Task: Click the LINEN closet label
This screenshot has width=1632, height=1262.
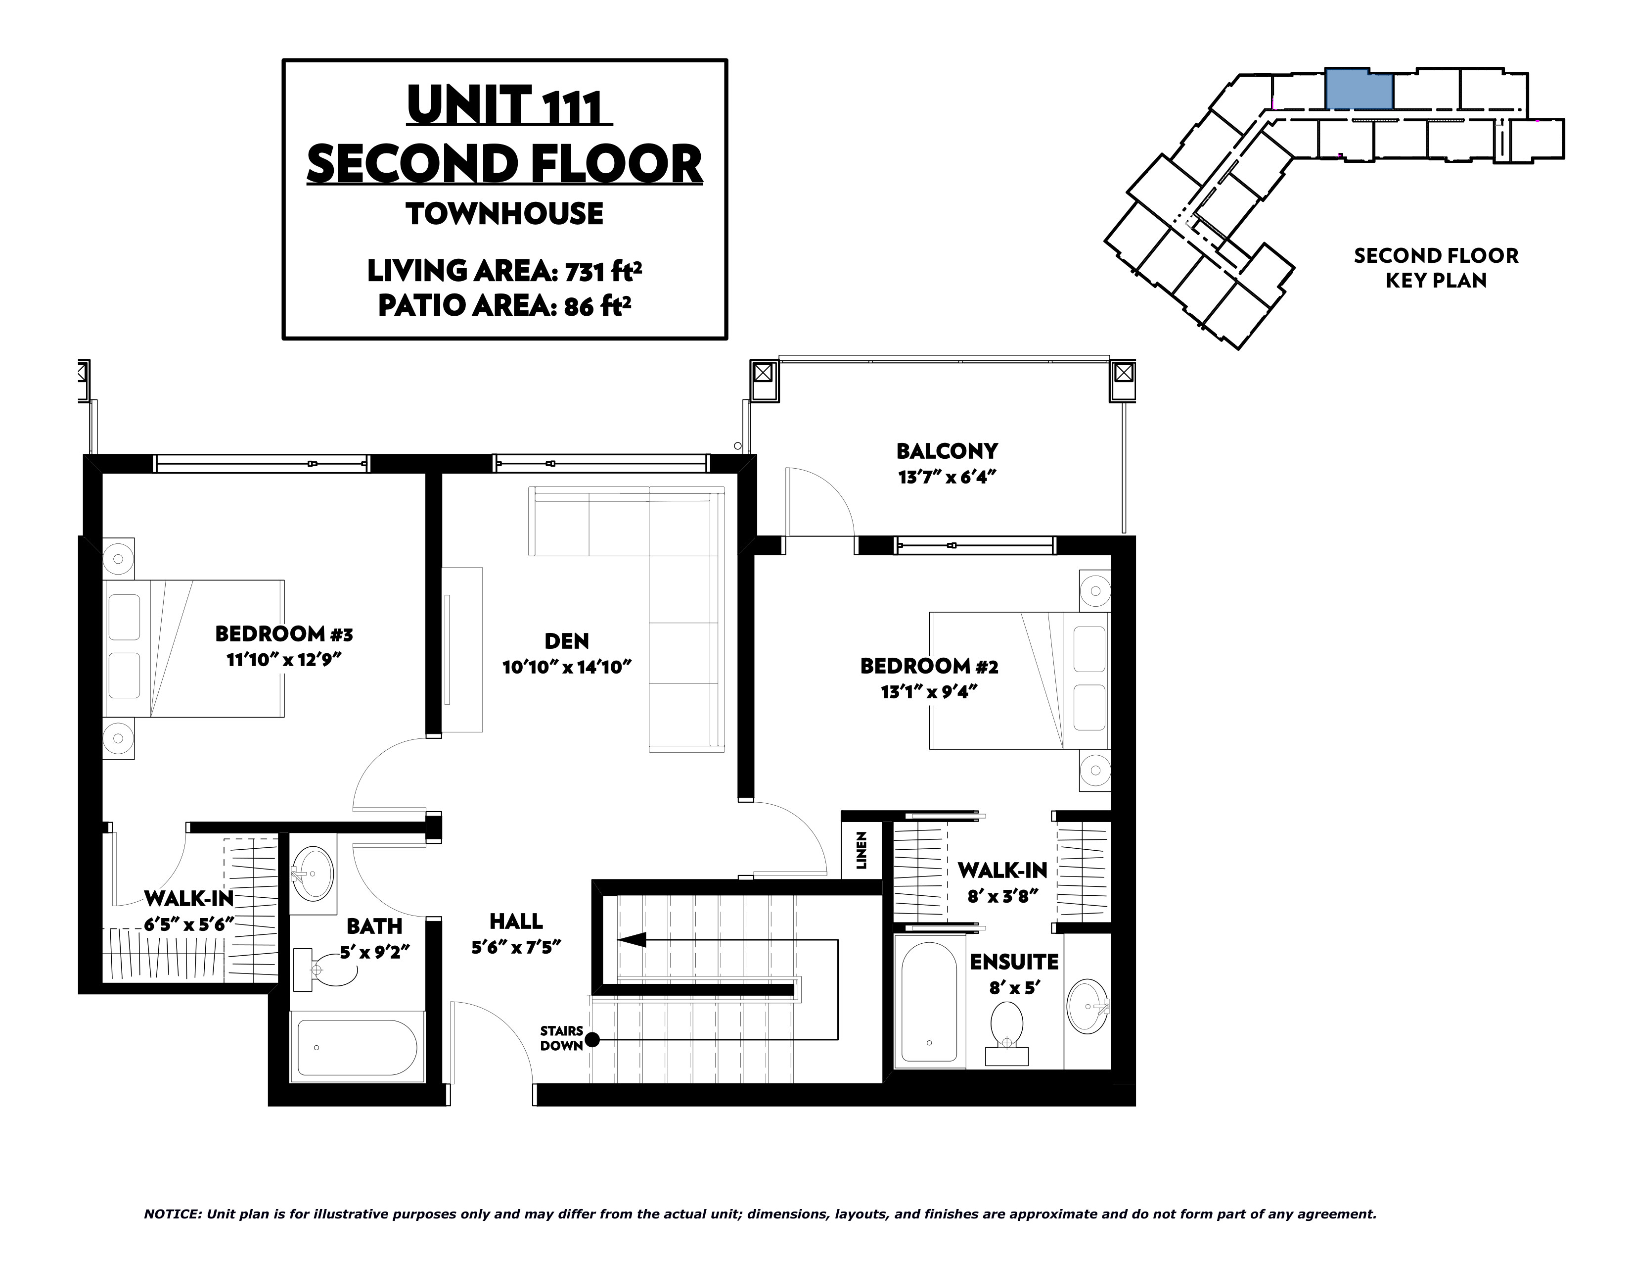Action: (861, 850)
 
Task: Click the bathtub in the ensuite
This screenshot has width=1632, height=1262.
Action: (929, 1002)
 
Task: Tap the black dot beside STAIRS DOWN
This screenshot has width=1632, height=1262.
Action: (592, 1039)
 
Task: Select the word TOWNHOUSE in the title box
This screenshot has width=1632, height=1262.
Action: (504, 214)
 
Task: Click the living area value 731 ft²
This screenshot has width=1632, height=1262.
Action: (603, 271)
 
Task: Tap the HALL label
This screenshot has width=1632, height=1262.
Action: (516, 921)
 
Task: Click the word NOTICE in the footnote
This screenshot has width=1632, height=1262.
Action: (172, 1214)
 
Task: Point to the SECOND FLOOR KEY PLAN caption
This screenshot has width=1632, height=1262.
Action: (1436, 268)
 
